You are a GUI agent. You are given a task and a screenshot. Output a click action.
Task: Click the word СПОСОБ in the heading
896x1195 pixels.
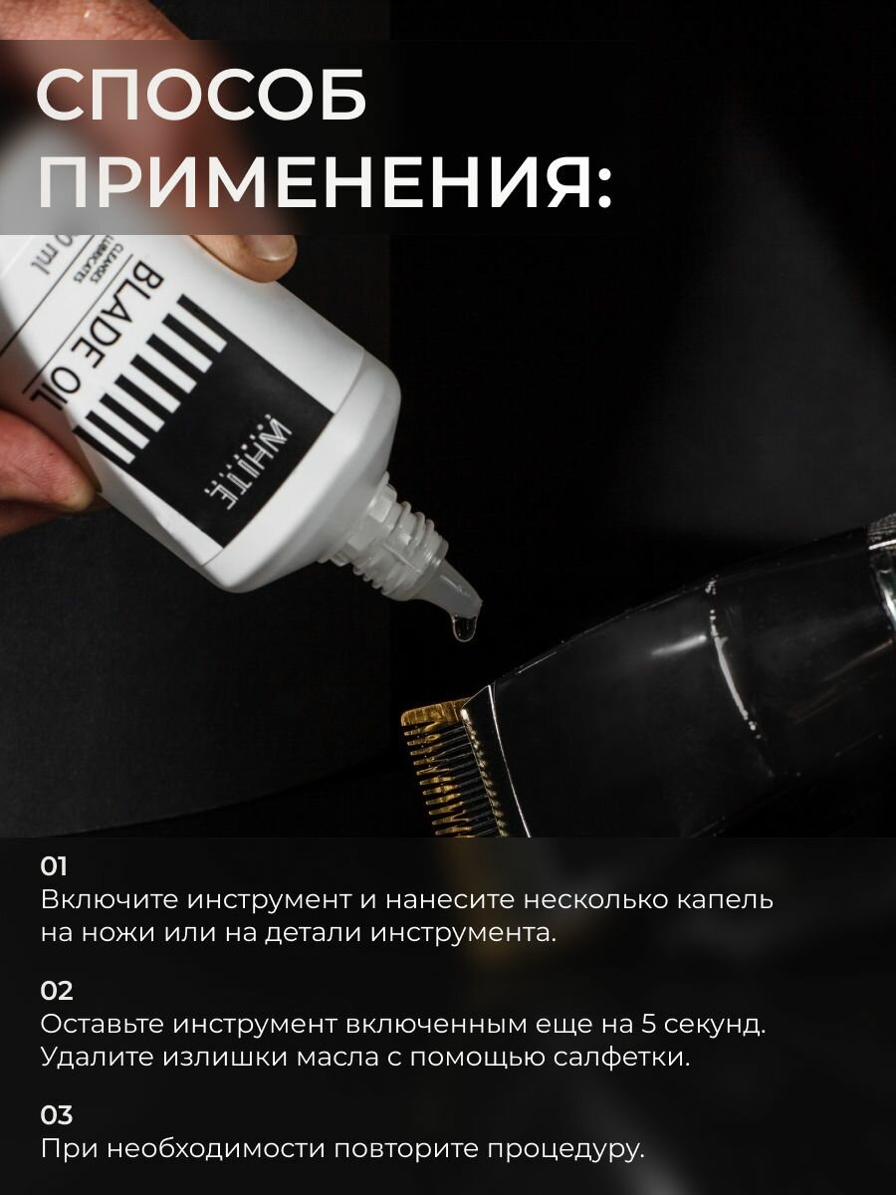[202, 97]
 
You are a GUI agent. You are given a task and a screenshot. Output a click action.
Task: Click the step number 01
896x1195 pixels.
[54, 865]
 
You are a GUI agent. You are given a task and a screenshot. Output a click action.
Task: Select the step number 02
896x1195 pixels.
[57, 991]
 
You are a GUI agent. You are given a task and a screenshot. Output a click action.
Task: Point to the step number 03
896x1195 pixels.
[57, 1115]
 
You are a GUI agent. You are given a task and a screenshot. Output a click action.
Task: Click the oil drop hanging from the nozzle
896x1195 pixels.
[460, 626]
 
